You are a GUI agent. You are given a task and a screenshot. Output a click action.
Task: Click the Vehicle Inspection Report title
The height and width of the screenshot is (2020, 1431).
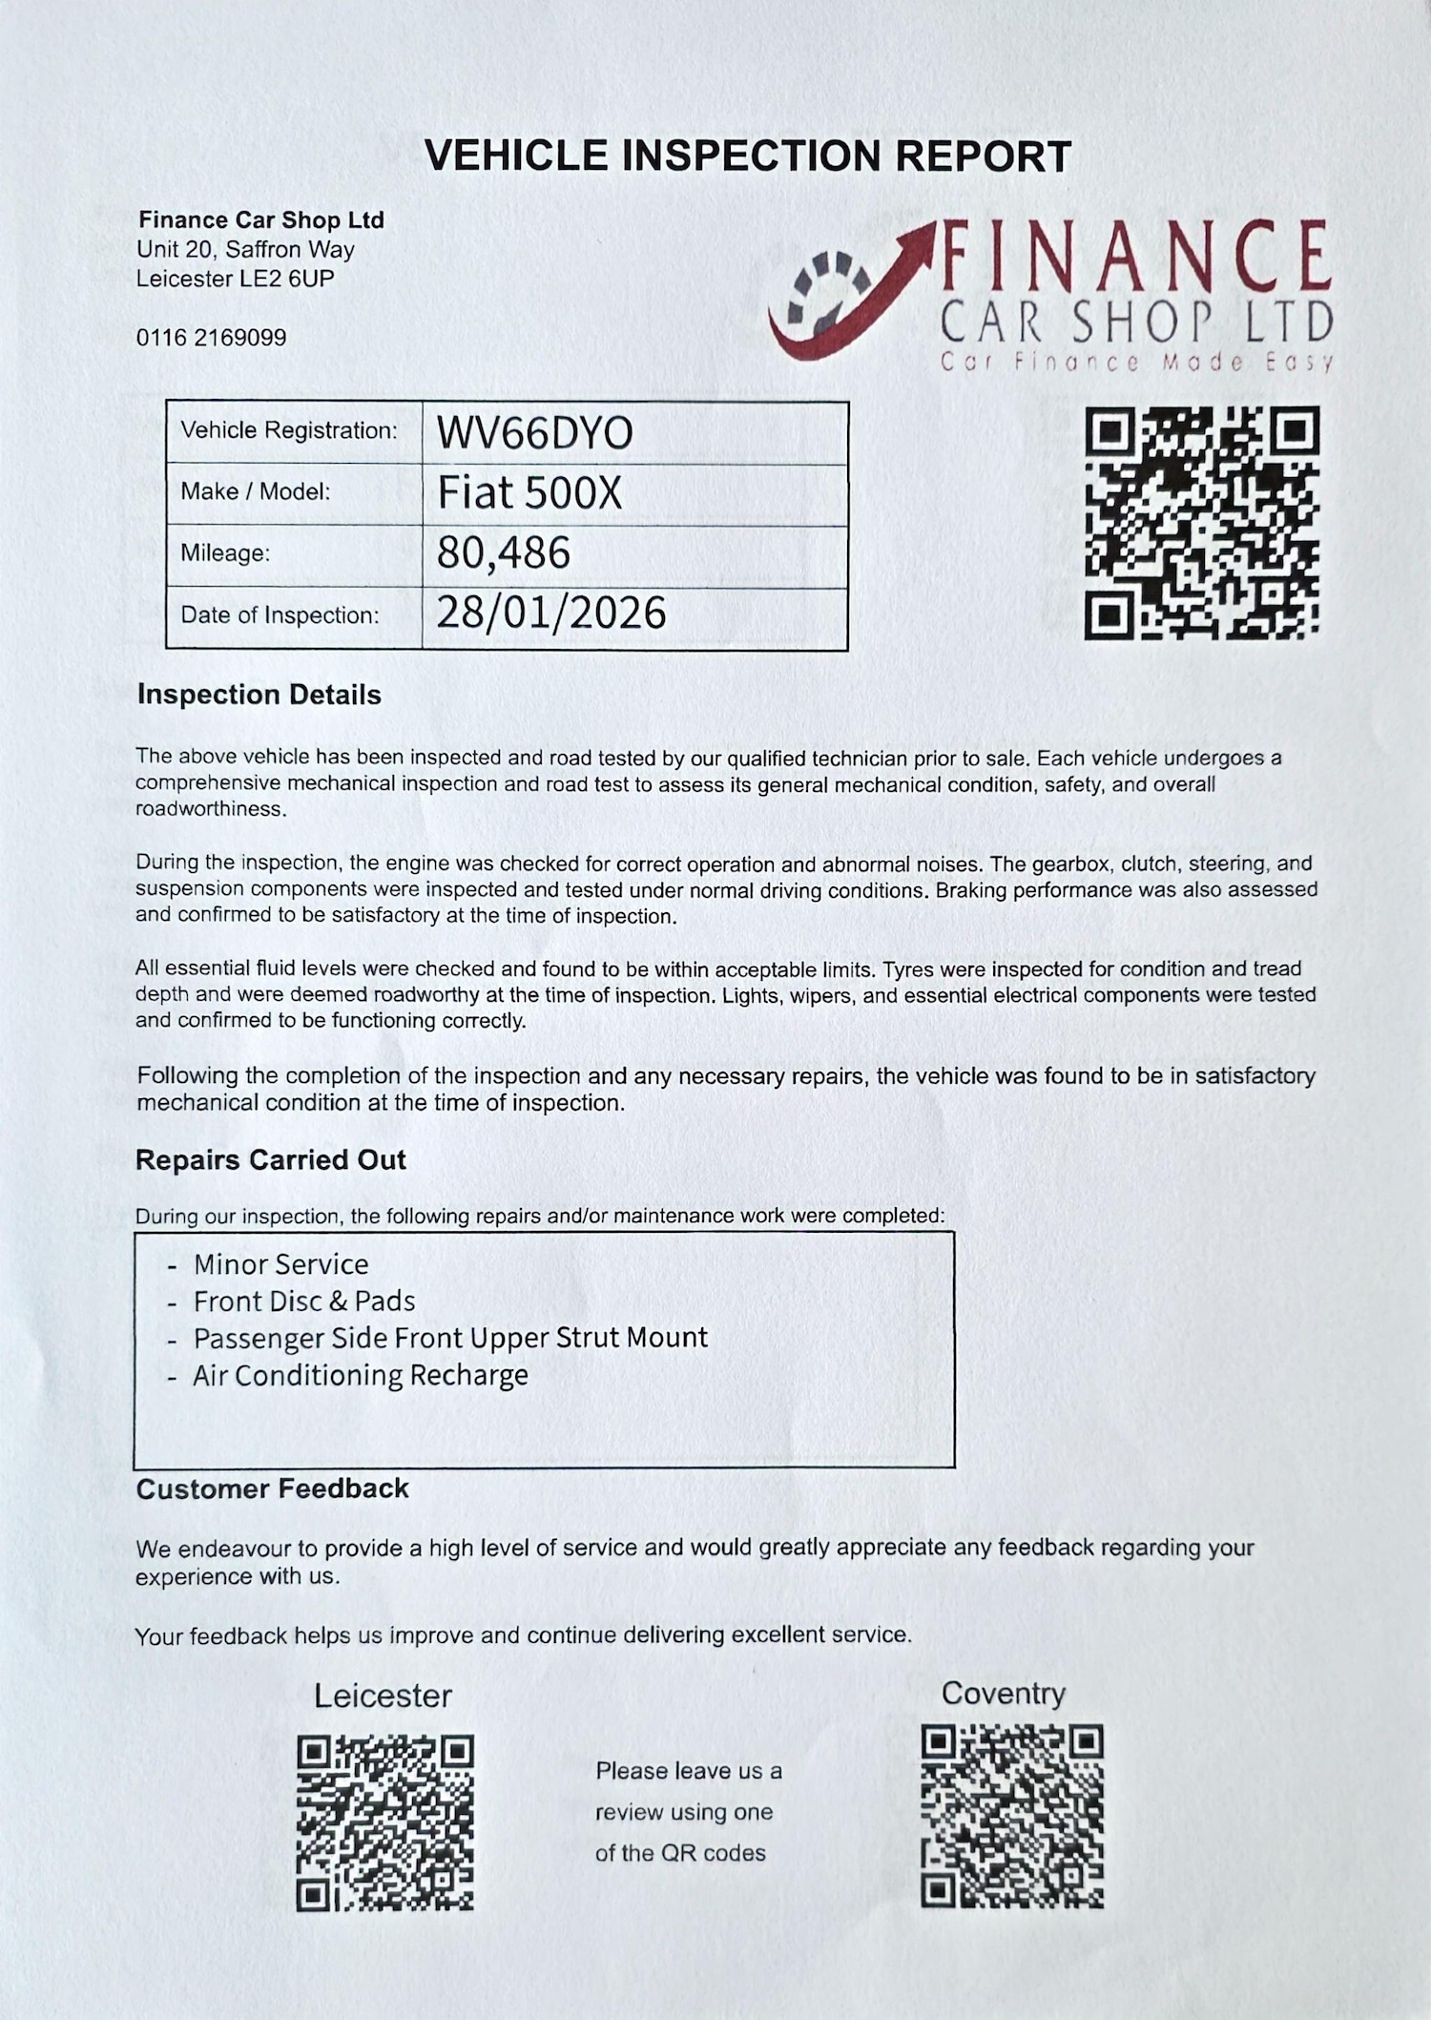747,156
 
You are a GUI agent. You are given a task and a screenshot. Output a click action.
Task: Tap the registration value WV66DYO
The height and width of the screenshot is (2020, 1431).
534,433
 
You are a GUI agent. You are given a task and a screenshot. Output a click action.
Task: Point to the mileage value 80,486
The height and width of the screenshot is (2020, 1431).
504,553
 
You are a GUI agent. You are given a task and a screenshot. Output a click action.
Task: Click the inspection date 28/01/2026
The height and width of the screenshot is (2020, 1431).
550,614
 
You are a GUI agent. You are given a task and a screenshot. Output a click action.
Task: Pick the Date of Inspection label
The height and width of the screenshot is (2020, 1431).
280,615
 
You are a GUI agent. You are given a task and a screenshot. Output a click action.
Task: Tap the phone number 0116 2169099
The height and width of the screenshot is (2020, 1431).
211,338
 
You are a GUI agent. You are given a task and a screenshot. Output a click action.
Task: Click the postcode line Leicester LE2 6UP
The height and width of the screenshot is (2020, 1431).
235,279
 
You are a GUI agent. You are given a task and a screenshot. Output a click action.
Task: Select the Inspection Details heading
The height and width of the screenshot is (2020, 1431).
259,695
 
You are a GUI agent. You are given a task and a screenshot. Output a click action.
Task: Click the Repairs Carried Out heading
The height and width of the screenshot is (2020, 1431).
270,1160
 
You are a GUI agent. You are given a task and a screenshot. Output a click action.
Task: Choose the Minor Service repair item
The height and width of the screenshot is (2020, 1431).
280,1264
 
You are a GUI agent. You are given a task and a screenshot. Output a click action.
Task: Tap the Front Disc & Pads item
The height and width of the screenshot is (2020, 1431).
303,1302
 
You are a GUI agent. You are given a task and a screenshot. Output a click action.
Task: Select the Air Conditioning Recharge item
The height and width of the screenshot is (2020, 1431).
360,1376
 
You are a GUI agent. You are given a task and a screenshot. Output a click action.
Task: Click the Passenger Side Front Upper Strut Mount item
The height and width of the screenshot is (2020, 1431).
450,1338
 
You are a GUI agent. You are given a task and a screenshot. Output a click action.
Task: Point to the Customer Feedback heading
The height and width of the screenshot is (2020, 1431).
272,1489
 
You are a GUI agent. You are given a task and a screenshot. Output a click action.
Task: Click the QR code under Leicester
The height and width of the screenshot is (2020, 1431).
384,1822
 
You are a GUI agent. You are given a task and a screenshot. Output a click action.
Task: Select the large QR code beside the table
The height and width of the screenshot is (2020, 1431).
1202,523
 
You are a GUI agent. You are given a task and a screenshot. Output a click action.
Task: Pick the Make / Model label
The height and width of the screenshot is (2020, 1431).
255,492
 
